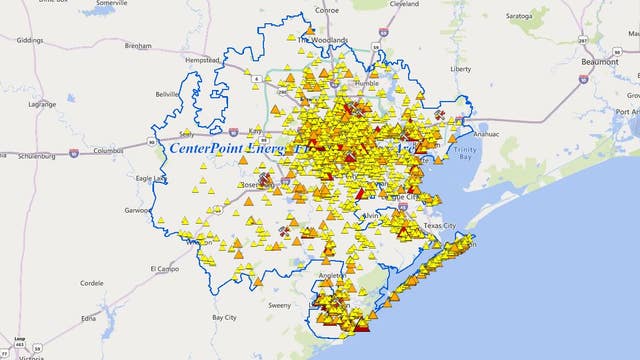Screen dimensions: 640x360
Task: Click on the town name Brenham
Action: tap(138, 46)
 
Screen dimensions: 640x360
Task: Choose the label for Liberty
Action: tap(461, 69)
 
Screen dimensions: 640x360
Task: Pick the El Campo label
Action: tap(162, 268)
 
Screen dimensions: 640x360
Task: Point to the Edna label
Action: tap(89, 317)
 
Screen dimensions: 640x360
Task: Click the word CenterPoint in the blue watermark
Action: tap(204, 147)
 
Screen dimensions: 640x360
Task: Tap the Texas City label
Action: tap(440, 226)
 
